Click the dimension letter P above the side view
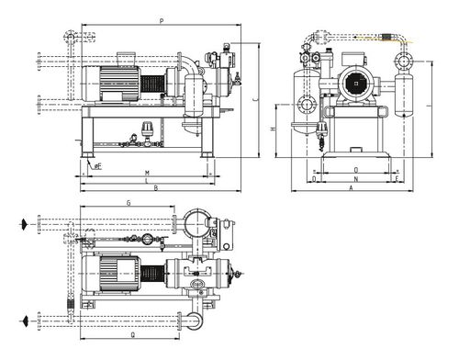coord(162,20)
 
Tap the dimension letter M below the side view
coord(147,173)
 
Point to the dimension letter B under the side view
coord(156,188)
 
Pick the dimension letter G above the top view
coord(129,202)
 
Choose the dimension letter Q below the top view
coord(132,335)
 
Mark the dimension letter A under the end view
coord(351,187)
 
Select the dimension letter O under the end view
coord(355,170)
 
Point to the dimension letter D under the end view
coord(314,179)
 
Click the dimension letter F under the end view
coord(397,179)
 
